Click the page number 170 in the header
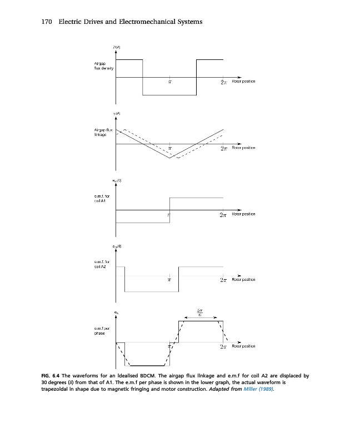coord(47,22)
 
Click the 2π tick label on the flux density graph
coord(223,82)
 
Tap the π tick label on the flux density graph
coord(169,82)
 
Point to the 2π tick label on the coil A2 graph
coord(223,281)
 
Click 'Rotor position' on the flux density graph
coord(243,81)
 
